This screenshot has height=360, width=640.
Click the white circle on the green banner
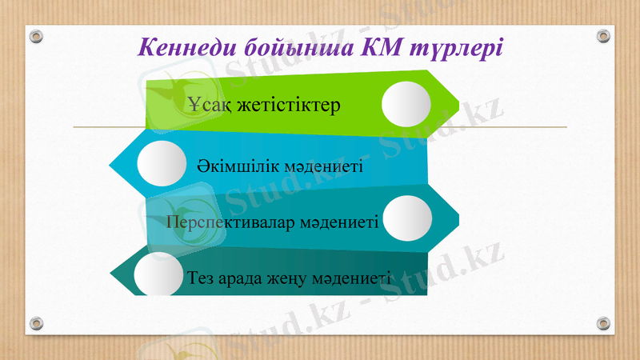[406, 105]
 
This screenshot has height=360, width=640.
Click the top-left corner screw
[36, 37]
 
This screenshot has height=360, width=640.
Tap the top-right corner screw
[604, 37]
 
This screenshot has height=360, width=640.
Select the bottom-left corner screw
[36, 323]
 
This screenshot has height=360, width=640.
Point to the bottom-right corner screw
[604, 323]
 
